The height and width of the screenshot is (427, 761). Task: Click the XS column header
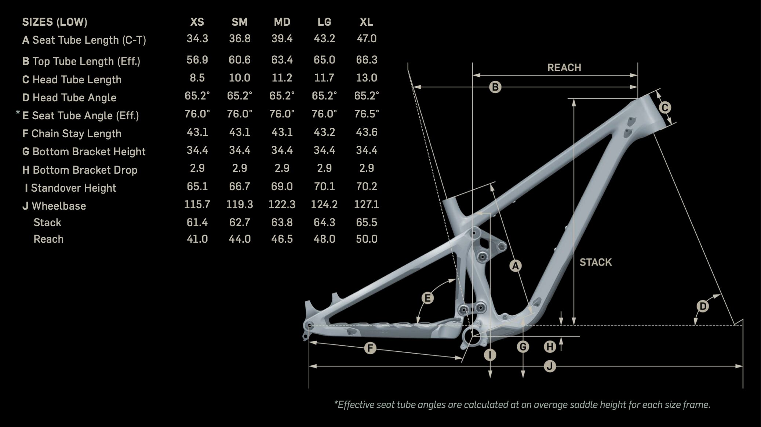(197, 22)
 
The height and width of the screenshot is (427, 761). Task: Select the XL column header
(367, 22)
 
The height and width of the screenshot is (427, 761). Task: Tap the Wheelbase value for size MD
(282, 205)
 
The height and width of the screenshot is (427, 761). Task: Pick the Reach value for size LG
(324, 239)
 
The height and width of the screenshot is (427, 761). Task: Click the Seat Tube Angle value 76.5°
(367, 114)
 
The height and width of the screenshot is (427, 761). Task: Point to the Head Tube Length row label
(72, 80)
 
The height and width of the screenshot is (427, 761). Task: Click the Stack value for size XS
(197, 222)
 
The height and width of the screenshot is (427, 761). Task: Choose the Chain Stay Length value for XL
(367, 132)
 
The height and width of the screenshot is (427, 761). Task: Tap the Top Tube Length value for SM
(240, 60)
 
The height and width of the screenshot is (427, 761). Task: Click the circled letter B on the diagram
(495, 87)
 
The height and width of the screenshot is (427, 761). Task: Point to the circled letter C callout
(665, 108)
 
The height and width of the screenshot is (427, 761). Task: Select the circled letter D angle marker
(702, 306)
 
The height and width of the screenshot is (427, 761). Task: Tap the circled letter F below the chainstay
(370, 348)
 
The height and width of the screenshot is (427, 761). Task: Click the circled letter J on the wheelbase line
(550, 366)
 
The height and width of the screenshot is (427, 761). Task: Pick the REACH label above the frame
(564, 68)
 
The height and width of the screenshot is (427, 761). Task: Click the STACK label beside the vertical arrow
(596, 262)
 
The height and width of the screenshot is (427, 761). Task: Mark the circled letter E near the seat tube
(427, 298)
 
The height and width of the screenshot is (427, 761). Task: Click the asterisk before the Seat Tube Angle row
(18, 113)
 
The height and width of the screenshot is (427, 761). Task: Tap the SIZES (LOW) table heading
(55, 22)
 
